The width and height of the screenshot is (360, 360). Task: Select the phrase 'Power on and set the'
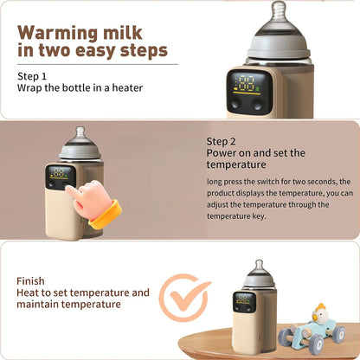click(x=255, y=153)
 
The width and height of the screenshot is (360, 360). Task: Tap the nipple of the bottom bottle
click(x=257, y=266)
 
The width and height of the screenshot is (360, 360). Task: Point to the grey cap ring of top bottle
click(x=280, y=48)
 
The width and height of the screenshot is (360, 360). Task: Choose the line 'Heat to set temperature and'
click(x=83, y=293)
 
